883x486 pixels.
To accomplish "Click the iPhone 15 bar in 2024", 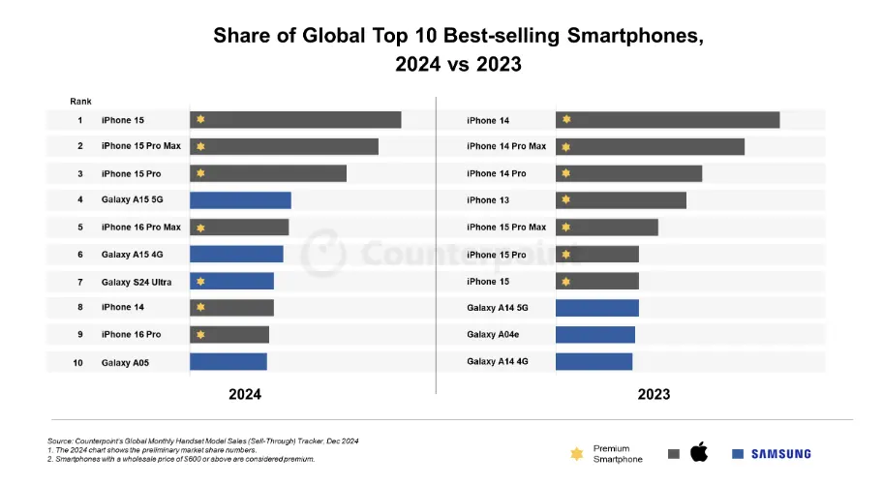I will [x=295, y=120].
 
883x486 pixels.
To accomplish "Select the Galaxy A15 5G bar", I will [x=240, y=200].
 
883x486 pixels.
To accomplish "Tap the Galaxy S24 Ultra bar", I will [x=231, y=282].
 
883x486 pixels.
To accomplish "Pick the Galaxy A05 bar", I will [x=228, y=362].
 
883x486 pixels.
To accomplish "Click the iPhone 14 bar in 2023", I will [x=667, y=120].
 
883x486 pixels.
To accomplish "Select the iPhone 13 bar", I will [x=621, y=200].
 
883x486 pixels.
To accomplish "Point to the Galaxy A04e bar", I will [x=594, y=335].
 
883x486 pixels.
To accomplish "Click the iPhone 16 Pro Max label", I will [x=140, y=228].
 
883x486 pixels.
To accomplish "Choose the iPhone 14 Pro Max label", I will [x=506, y=146].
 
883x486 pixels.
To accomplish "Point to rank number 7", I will [x=80, y=282].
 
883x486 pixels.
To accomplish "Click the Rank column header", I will [x=80, y=101].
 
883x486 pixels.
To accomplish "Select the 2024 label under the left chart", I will [x=244, y=395].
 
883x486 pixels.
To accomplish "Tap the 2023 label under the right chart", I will [x=654, y=395].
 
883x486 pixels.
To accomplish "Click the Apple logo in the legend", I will [x=698, y=452].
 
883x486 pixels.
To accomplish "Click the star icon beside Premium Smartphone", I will [x=577, y=453].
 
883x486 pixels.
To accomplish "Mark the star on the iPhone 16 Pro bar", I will [x=200, y=335].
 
